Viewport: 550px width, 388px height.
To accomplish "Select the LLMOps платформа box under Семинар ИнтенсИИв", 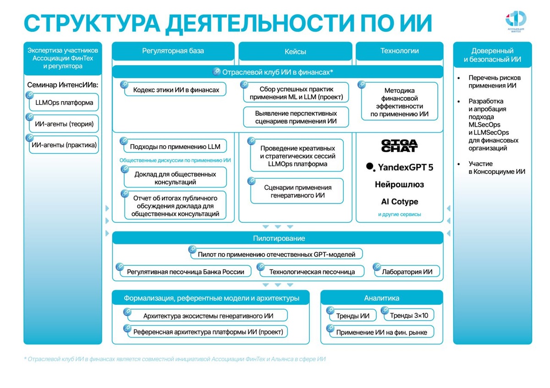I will click(x=64, y=103).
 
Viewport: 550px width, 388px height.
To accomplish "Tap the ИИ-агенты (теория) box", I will click(x=64, y=124).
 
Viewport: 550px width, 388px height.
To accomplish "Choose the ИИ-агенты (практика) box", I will click(x=64, y=145).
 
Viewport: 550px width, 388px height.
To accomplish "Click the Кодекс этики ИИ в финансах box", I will click(x=176, y=90).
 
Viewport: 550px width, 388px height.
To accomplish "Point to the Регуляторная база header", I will click(x=173, y=51).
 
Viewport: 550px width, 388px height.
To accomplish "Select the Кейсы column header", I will click(x=295, y=52).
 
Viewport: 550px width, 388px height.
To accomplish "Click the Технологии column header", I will click(x=400, y=51).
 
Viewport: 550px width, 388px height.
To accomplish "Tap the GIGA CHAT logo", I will click(x=400, y=145).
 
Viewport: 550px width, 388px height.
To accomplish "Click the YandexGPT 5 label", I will click(x=400, y=167).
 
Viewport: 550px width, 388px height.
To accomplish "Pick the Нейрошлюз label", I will click(x=400, y=185).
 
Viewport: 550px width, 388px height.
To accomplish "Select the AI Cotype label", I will click(x=400, y=202).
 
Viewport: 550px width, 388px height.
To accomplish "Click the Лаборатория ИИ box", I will click(x=407, y=272).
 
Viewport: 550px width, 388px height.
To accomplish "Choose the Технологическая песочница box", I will click(x=312, y=272).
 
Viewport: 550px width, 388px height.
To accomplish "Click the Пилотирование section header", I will click(x=278, y=238).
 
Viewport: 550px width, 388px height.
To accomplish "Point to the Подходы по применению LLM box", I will click(x=175, y=147).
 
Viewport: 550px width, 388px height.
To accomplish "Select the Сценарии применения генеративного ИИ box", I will click(x=297, y=192).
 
